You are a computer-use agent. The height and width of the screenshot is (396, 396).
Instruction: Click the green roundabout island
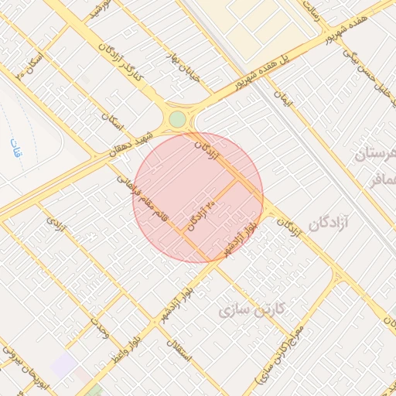pos(178,119)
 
